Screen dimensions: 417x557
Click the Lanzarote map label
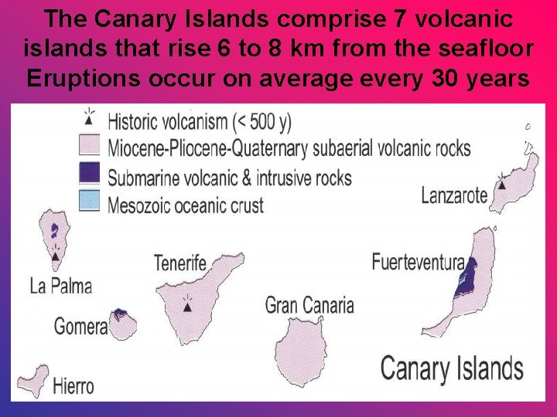point(454,195)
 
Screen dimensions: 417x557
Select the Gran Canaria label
point(309,305)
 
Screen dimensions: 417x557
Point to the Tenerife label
point(180,263)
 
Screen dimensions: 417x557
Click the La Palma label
point(60,286)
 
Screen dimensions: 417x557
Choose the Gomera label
point(80,327)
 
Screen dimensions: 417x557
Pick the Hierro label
point(73,386)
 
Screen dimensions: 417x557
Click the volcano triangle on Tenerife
point(187,307)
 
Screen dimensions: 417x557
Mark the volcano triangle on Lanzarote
point(502,184)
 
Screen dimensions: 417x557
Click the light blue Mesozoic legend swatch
point(90,200)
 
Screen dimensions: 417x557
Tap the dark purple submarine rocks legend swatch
point(90,174)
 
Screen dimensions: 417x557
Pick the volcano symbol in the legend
point(91,118)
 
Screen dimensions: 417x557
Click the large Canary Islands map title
point(451,368)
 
